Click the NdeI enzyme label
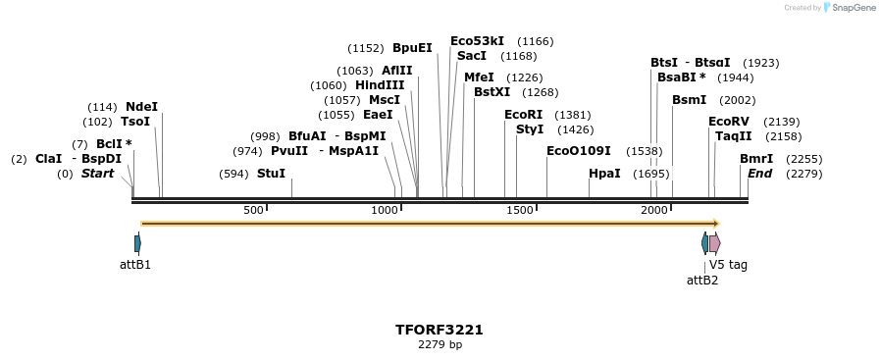[141, 107]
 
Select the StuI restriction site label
[271, 174]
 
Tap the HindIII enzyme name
[380, 85]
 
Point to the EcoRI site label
[523, 115]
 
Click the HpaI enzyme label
[604, 174]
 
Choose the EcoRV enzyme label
[729, 122]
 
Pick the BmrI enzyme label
[756, 159]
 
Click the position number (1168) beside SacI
[518, 56]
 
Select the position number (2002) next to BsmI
[737, 100]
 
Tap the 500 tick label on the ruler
[253, 211]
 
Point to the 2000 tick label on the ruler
[654, 211]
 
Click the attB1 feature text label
[135, 265]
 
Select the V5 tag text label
[728, 265]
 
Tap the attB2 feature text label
[702, 281]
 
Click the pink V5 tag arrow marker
[715, 242]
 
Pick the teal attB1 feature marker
[137, 242]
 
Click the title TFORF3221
[440, 330]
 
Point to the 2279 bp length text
[440, 344]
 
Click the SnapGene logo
[850, 8]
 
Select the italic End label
[759, 174]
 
